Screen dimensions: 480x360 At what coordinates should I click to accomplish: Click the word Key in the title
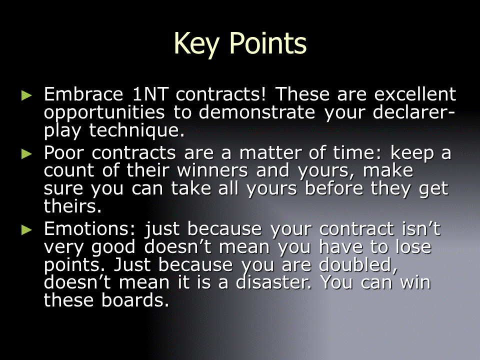pos(196,44)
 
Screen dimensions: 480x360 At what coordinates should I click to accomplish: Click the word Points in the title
pos(268,43)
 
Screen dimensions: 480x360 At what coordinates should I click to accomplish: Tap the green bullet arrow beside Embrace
pos(26,95)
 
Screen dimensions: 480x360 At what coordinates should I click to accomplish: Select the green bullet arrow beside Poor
pos(26,153)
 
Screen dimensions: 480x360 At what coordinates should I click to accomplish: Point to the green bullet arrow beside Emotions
pos(26,229)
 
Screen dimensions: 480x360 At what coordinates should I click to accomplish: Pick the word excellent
pos(415,94)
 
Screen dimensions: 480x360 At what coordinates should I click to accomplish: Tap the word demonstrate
pos(257,112)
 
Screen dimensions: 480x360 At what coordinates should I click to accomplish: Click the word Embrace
pos(83,94)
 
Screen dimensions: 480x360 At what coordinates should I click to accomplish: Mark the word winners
pos(212,170)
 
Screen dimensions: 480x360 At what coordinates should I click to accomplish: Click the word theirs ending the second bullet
pos(72,206)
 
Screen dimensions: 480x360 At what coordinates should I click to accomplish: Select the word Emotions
pos(89,229)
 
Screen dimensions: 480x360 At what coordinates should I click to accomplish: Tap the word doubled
pos(358,265)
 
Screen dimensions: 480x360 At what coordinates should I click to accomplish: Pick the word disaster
pos(273,282)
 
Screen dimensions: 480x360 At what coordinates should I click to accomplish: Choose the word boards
pos(135,300)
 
